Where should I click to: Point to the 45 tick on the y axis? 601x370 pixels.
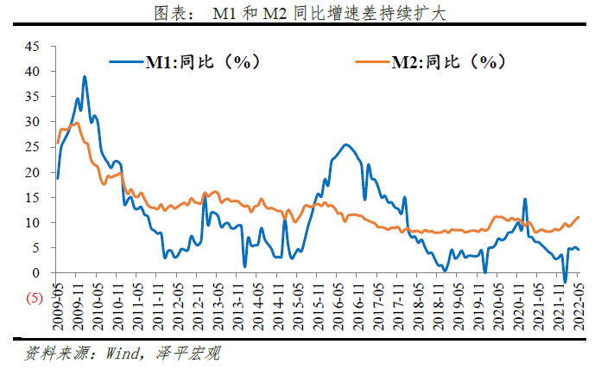(x=33, y=47)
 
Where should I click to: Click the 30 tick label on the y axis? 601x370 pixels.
(x=33, y=122)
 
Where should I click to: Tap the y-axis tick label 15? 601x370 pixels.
(x=33, y=198)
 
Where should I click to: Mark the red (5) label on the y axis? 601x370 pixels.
(x=34, y=298)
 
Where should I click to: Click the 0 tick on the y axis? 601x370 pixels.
(x=36, y=273)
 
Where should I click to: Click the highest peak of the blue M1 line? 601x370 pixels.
(x=84, y=76)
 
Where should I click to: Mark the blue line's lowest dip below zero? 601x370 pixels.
(x=565, y=283)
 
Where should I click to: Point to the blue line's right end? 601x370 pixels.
(x=579, y=250)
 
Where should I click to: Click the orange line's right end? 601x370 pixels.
(x=579, y=217)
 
